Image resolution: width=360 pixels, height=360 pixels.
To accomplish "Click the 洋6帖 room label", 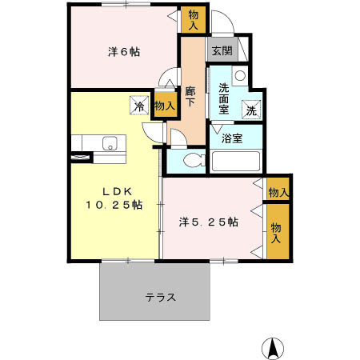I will click(x=124, y=52).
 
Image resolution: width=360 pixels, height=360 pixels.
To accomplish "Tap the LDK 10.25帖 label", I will click(x=114, y=198).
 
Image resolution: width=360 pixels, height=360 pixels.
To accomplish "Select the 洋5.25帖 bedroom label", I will click(x=208, y=221).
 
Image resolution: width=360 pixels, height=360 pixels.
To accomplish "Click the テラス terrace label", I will click(x=160, y=296).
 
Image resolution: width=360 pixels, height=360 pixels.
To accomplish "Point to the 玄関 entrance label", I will click(x=222, y=50).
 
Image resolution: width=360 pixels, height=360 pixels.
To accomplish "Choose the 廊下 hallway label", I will click(x=191, y=98).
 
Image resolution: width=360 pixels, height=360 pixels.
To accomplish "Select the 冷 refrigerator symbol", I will click(x=139, y=105).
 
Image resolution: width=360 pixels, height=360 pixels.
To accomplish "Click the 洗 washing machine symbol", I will click(x=251, y=111).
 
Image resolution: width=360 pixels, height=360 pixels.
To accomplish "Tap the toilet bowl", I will click(x=190, y=161).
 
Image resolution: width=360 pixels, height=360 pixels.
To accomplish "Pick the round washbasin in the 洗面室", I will click(x=239, y=78).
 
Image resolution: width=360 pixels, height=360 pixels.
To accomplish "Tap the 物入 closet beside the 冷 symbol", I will click(x=164, y=105).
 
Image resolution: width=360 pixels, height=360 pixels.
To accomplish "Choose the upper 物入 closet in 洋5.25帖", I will click(x=278, y=192).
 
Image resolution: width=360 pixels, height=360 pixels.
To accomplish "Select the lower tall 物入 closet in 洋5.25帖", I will click(x=277, y=234).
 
